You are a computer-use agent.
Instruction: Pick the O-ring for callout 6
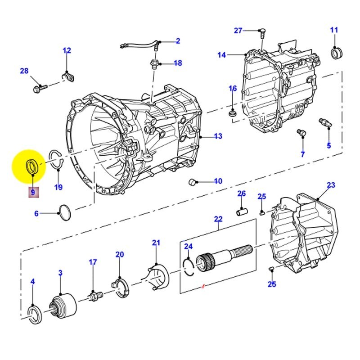[x=65, y=213]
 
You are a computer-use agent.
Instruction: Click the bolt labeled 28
[x=38, y=88]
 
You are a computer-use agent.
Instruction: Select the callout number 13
[x=218, y=136]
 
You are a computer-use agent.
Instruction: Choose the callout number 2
[x=178, y=41]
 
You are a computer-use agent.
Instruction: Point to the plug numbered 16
[x=233, y=112]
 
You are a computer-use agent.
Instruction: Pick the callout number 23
[x=331, y=185]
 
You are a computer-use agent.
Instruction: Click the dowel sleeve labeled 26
[x=242, y=210]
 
